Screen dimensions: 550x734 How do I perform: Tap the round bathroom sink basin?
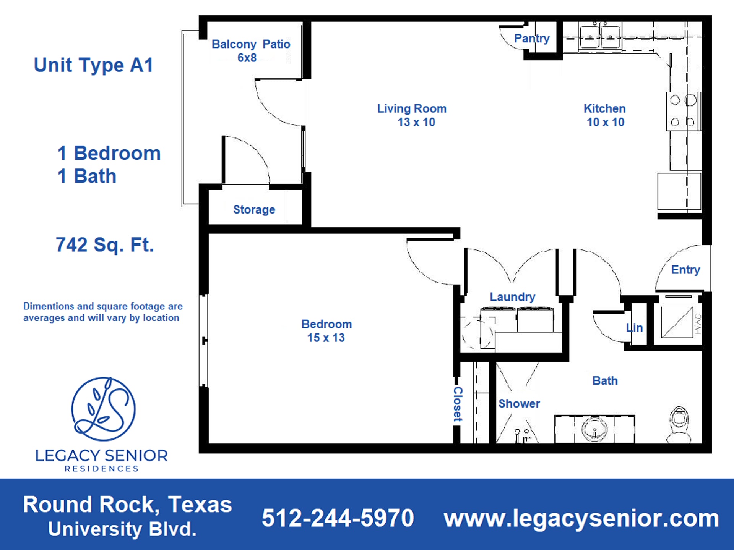(594, 429)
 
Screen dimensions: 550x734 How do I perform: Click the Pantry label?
(532, 38)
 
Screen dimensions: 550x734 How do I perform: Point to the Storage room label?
(254, 209)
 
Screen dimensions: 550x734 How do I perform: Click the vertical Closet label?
(458, 404)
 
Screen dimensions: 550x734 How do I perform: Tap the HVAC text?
(698, 324)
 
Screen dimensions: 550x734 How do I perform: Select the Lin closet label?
(635, 328)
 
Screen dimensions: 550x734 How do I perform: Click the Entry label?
(685, 270)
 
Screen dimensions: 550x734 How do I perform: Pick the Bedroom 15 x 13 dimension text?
(326, 338)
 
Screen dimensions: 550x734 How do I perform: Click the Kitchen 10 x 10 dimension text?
(606, 122)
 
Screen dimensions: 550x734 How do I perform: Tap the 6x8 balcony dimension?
(247, 58)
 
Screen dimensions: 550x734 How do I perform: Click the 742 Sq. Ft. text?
(105, 245)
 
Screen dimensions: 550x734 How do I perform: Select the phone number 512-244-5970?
(338, 518)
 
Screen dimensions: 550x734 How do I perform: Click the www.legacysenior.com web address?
(581, 518)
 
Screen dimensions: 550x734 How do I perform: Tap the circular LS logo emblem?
(103, 409)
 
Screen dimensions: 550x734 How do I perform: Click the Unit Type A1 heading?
(94, 65)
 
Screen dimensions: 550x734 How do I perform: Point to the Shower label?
(519, 404)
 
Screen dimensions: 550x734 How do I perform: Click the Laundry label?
(513, 297)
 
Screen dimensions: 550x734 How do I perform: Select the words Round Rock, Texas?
(127, 504)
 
